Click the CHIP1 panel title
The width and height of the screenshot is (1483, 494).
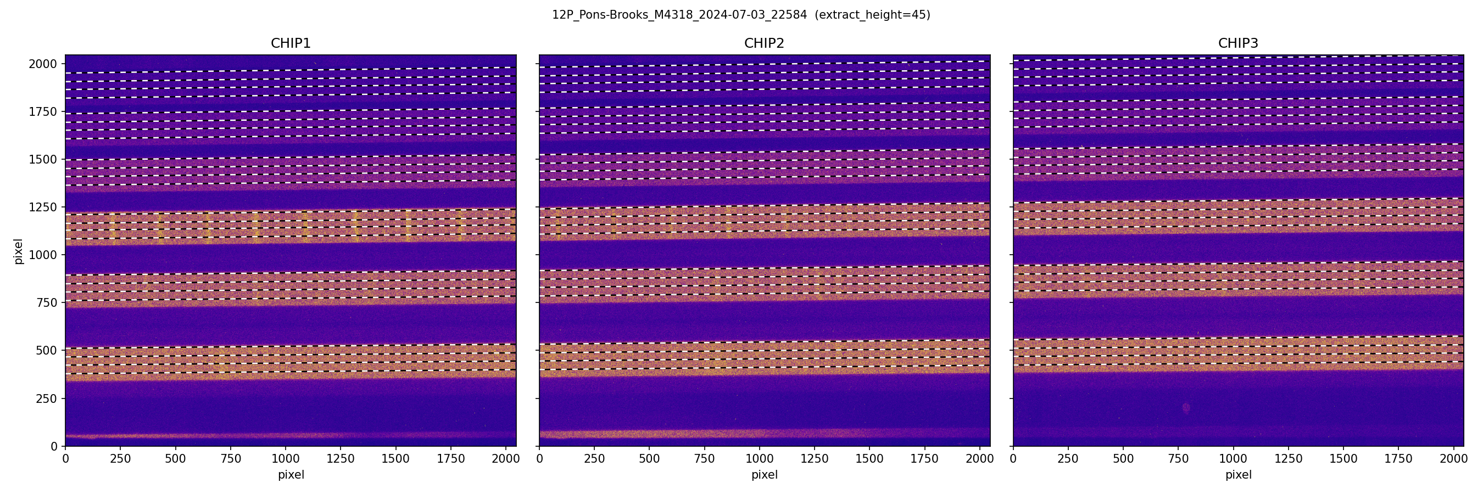pos(291,43)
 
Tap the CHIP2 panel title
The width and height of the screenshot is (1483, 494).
pos(764,43)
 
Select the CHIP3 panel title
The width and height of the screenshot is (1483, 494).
pos(1237,43)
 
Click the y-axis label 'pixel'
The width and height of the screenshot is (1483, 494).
pos(19,251)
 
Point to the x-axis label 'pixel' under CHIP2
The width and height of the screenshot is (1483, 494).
pos(764,475)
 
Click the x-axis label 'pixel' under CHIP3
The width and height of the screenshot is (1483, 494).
pos(1237,475)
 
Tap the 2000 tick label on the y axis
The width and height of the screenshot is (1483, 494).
pos(43,64)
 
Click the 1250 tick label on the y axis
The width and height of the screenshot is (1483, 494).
pos(43,207)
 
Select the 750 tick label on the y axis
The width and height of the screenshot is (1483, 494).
pos(46,302)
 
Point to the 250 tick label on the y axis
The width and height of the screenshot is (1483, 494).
pos(46,398)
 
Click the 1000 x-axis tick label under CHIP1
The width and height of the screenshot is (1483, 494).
pos(286,459)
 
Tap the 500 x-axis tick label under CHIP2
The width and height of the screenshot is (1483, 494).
pos(649,459)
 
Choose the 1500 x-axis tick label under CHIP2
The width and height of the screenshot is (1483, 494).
pos(869,459)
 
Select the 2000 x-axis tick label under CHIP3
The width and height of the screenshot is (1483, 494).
pos(1454,459)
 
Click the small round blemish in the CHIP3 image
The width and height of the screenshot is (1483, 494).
pos(1186,408)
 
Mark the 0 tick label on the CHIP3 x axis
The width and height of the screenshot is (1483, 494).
pos(1013,459)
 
